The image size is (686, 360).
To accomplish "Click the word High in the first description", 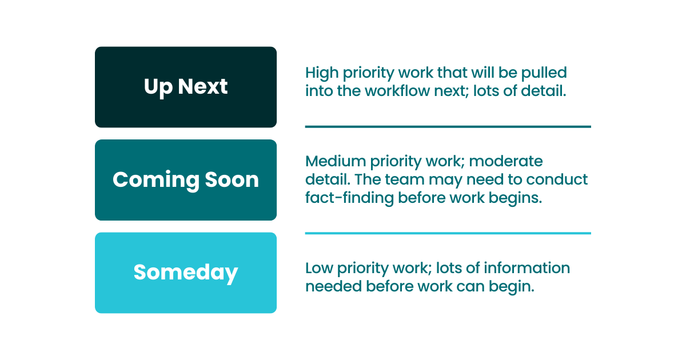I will pyautogui.click(x=321, y=73).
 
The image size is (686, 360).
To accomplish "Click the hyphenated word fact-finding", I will pyautogui.click(x=349, y=198).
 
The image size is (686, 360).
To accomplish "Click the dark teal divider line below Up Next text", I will pyautogui.click(x=448, y=126).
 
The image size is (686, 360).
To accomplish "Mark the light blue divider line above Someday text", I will pyautogui.click(x=448, y=233).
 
